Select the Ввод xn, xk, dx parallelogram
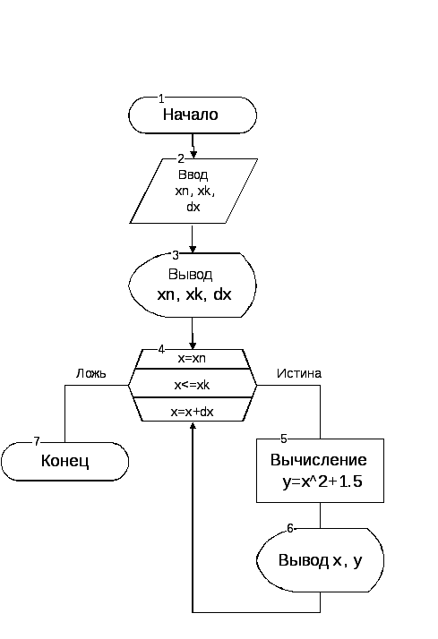pyautogui.click(x=193, y=191)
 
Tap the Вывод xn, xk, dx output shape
pyautogui.click(x=193, y=285)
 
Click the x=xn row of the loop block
pyautogui.click(x=193, y=359)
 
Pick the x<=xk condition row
pyautogui.click(x=193, y=385)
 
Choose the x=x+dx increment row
pyautogui.click(x=193, y=412)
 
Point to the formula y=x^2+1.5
pyautogui.click(x=321, y=484)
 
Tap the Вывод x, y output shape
pyautogui.click(x=320, y=561)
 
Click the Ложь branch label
pyautogui.click(x=90, y=373)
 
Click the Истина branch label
pyautogui.click(x=298, y=373)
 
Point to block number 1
pyautogui.click(x=161, y=98)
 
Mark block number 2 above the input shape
pyautogui.click(x=180, y=158)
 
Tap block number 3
pyautogui.click(x=176, y=254)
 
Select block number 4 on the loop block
pyautogui.click(x=161, y=349)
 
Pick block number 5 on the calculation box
pyautogui.click(x=284, y=439)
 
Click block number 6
pyautogui.click(x=289, y=528)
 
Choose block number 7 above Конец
pyautogui.click(x=37, y=441)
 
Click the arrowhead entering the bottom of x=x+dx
pyautogui.click(x=193, y=427)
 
